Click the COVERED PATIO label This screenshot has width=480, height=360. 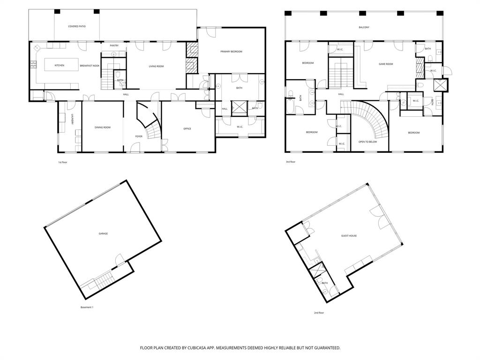tap(77, 27)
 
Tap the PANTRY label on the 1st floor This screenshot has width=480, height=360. tap(114, 45)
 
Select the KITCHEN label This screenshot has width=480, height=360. tap(60, 66)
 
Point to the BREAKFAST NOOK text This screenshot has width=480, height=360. tap(90, 66)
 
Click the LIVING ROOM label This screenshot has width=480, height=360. tap(156, 67)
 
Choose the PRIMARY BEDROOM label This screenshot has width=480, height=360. tap(231, 52)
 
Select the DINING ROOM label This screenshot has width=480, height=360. tap(103, 127)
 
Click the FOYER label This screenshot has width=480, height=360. tap(139, 136)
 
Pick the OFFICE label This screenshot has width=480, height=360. tap(187, 128)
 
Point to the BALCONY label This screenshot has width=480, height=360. tap(364, 28)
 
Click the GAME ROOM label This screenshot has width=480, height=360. tap(386, 64)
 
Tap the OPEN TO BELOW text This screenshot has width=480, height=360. tap(367, 142)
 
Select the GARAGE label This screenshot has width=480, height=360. tap(103, 233)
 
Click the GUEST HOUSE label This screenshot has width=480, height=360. tap(349, 236)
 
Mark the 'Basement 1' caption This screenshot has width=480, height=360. tap(87, 307)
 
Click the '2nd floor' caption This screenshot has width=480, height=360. tap(319, 313)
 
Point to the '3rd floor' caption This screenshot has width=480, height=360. tap(290, 162)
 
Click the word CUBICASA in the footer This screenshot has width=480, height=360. tap(188, 348)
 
